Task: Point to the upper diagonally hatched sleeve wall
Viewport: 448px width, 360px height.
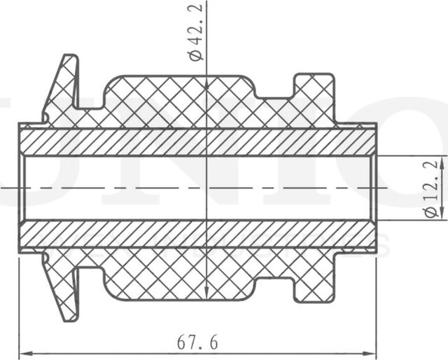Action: coord(196,141)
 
